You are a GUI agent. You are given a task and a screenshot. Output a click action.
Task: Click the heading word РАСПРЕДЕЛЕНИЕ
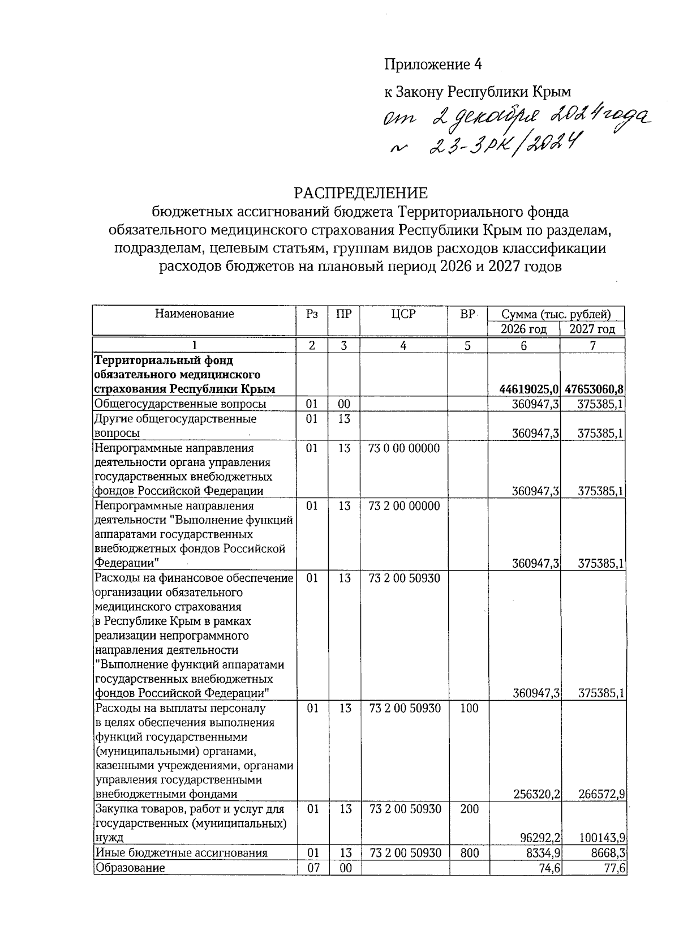click(x=360, y=193)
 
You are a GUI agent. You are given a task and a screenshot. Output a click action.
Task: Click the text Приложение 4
click(x=433, y=65)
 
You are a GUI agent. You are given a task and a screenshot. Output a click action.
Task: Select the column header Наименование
click(x=194, y=314)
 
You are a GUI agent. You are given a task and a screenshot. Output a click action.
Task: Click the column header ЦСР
click(x=403, y=314)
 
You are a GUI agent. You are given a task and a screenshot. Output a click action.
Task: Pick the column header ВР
click(x=467, y=314)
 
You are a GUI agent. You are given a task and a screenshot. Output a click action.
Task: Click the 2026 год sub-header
click(x=523, y=329)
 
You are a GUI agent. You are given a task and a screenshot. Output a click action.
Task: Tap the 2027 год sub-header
click(x=592, y=329)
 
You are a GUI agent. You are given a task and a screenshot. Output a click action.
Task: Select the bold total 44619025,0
click(x=529, y=389)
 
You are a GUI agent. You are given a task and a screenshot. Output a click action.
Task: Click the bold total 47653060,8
click(x=594, y=389)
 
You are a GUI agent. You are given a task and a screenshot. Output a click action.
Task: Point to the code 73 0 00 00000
click(x=403, y=449)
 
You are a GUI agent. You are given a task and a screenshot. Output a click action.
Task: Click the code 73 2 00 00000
click(x=403, y=506)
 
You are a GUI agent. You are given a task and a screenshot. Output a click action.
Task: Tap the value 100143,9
click(x=601, y=838)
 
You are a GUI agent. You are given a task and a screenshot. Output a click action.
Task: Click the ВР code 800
click(x=469, y=853)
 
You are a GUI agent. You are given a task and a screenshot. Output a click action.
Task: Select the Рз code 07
click(x=312, y=868)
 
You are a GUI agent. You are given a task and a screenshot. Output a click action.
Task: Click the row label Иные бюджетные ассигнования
click(x=181, y=853)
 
